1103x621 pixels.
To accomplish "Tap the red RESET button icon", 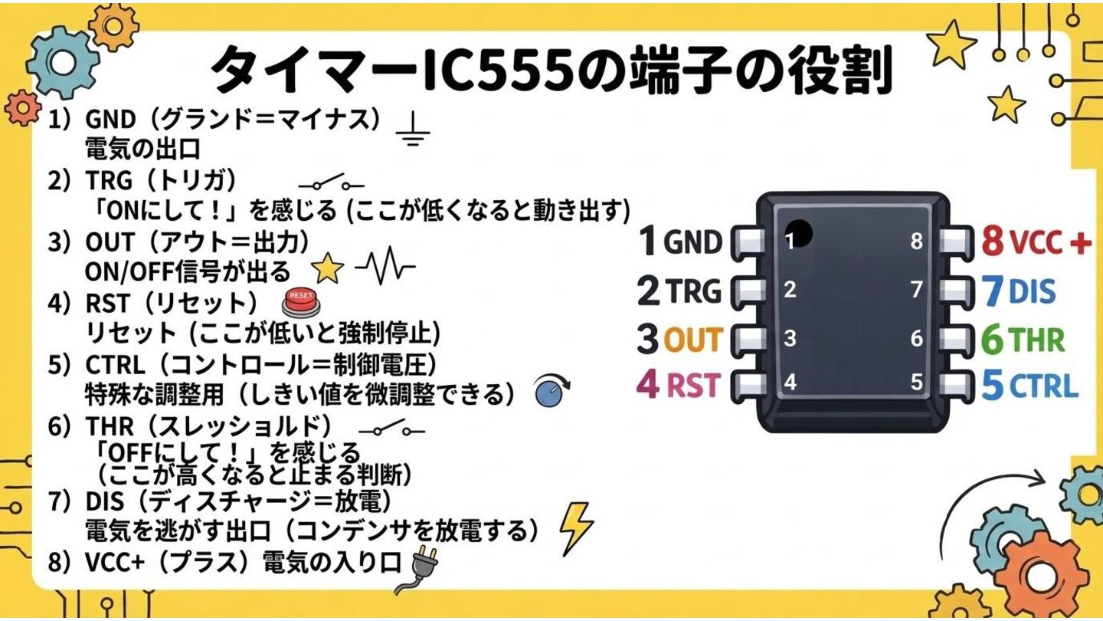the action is pyautogui.click(x=300, y=302).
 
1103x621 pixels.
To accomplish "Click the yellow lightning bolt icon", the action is pyautogui.click(x=575, y=526).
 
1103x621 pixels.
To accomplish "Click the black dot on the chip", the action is pyautogui.click(x=799, y=233).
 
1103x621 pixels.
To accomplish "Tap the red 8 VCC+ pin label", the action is pyautogui.click(x=1036, y=242).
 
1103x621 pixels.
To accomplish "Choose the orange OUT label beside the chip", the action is pyautogui.click(x=692, y=340).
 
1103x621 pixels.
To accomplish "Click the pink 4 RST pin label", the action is pyautogui.click(x=680, y=385).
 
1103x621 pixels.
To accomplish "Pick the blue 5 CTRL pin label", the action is pyautogui.click(x=1030, y=386).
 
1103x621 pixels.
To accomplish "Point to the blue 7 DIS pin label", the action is pyautogui.click(x=1018, y=291).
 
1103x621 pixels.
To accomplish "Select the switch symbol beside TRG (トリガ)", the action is pyautogui.click(x=331, y=184).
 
